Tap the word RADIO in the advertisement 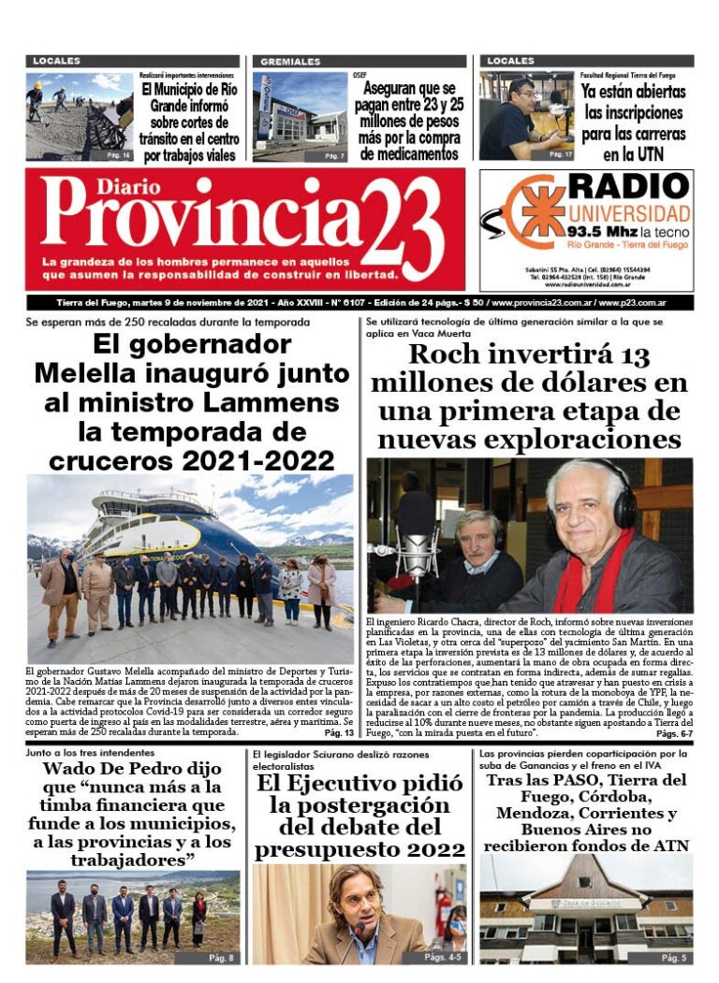pyautogui.click(x=628, y=187)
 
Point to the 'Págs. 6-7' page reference pyautogui.click(x=673, y=733)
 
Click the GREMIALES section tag pyautogui.click(x=290, y=62)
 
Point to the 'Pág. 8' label pyautogui.click(x=222, y=958)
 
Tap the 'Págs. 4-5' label pyautogui.click(x=445, y=958)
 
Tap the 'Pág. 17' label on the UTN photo pyautogui.click(x=560, y=153)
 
